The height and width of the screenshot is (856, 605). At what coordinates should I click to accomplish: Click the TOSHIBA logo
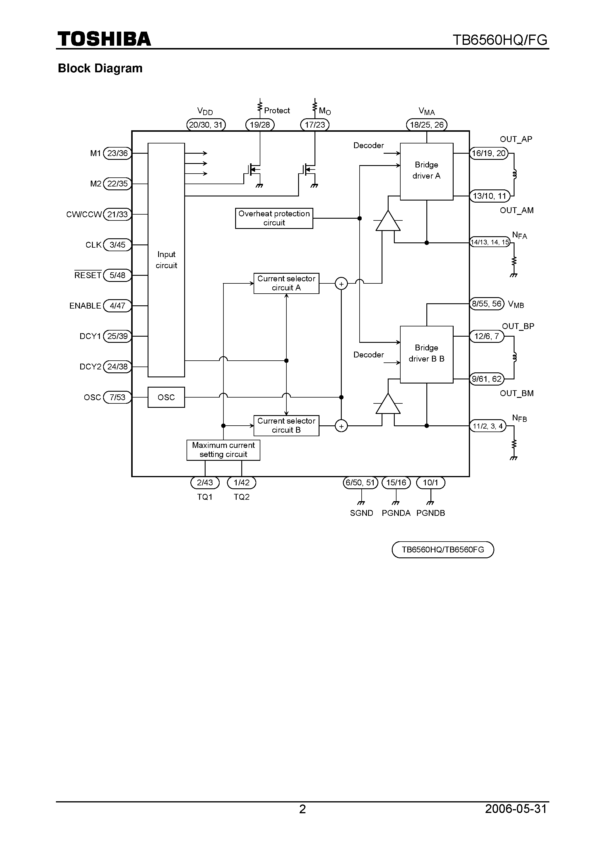tap(104, 39)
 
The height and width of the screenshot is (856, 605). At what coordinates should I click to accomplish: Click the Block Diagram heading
tap(100, 68)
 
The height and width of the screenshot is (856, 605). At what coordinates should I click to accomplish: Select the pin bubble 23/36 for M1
tap(117, 153)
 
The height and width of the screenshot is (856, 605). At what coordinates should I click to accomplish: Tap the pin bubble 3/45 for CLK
tap(117, 245)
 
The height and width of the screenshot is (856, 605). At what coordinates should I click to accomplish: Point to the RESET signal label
tap(88, 275)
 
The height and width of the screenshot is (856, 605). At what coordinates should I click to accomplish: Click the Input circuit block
tap(166, 260)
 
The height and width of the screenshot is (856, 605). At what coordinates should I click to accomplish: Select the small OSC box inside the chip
tap(166, 398)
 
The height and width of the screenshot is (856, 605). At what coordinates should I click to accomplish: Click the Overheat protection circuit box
tap(274, 218)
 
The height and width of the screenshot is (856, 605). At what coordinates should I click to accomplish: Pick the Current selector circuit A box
tap(286, 283)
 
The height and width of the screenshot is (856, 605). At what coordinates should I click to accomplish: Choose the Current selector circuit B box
tap(286, 425)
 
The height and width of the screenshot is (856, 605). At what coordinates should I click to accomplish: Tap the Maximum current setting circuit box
tap(223, 450)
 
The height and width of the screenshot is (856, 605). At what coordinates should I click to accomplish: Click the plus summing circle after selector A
tap(341, 284)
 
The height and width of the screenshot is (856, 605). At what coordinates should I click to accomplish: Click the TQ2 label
tap(241, 497)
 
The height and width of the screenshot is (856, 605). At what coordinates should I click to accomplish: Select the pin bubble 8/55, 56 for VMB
tap(486, 304)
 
